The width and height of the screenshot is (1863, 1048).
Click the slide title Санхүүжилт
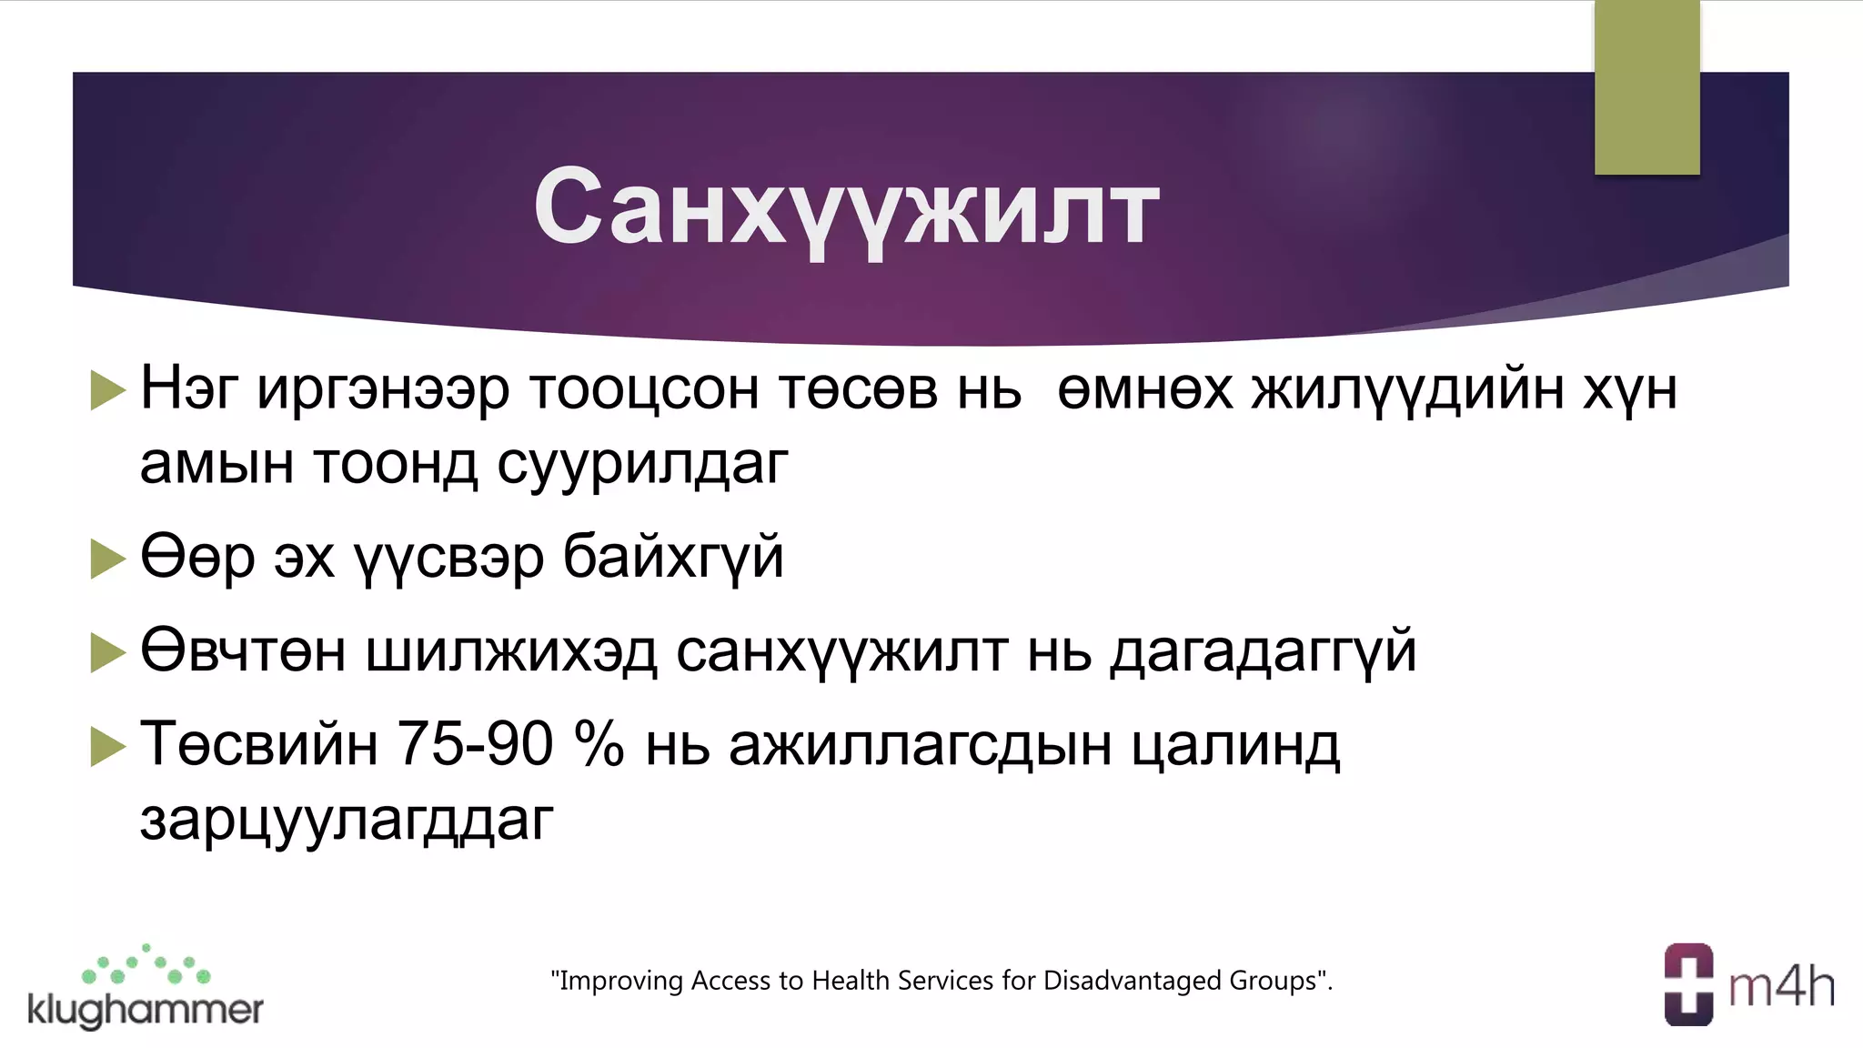846,207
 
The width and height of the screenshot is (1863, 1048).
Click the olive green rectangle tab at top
1646,86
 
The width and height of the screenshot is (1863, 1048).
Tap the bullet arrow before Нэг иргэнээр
108,391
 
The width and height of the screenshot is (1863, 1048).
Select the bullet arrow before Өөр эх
108,558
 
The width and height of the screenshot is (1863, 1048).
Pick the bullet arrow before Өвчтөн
108,652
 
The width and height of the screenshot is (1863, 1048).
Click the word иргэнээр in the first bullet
383,389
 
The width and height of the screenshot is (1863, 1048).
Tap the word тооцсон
644,389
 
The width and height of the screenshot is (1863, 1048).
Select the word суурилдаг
642,464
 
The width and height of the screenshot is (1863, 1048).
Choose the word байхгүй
673,557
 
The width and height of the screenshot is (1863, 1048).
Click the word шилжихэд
511,651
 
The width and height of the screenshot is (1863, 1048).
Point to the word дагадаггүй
1263,651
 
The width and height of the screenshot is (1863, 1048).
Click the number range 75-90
476,743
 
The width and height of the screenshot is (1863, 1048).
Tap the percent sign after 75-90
599,743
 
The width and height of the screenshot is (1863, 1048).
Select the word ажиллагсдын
921,745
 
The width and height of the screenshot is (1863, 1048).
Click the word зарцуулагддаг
347,820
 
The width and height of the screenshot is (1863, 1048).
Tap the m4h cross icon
1688,985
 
